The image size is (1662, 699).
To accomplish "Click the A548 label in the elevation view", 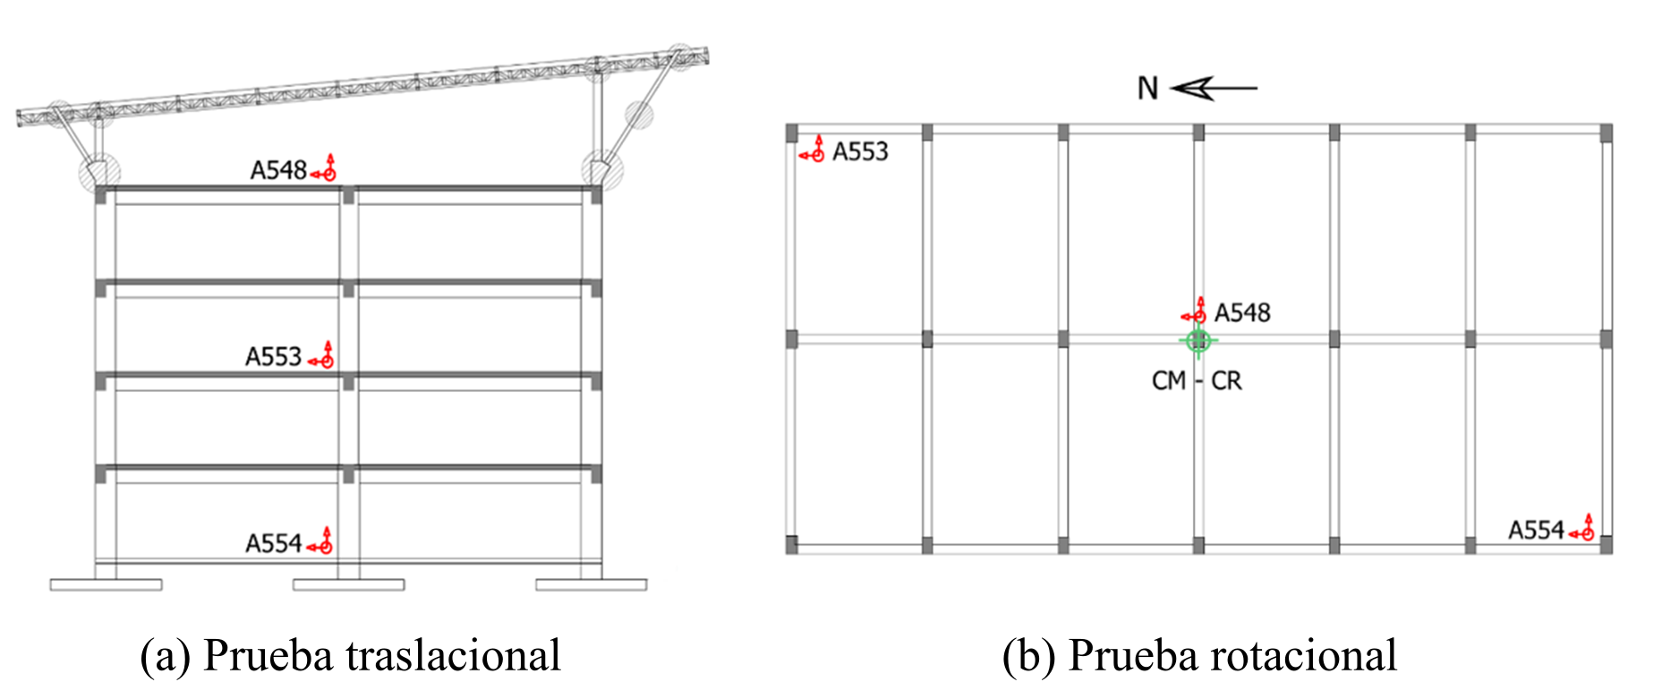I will pyautogui.click(x=278, y=170).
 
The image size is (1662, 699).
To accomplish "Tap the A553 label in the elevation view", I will pyautogui.click(x=274, y=357).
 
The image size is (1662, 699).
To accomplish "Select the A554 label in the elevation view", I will pyautogui.click(x=274, y=543).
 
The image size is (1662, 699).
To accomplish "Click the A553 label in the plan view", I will pyautogui.click(x=860, y=151).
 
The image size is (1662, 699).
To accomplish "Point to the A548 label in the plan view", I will pyautogui.click(x=1242, y=312).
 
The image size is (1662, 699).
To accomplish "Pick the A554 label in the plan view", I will pyautogui.click(x=1536, y=530).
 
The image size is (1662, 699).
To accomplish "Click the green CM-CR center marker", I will pyautogui.click(x=1198, y=341).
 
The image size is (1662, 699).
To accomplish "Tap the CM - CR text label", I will pyautogui.click(x=1197, y=381).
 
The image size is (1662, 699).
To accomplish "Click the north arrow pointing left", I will pyautogui.click(x=1214, y=88).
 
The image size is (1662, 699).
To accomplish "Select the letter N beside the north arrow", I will pyautogui.click(x=1147, y=89).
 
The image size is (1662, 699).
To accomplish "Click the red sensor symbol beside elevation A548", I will pyautogui.click(x=325, y=169).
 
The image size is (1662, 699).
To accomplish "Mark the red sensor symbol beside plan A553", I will pyautogui.click(x=814, y=150).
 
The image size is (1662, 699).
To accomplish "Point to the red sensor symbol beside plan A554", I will pyautogui.click(x=1583, y=529).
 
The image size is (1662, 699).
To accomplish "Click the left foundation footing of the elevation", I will pyautogui.click(x=106, y=584).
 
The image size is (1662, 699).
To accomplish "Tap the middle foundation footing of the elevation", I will pyautogui.click(x=348, y=584).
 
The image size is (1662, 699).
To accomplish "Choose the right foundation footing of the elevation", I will pyautogui.click(x=591, y=584).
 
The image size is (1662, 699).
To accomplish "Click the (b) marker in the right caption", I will pyautogui.click(x=1028, y=655).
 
